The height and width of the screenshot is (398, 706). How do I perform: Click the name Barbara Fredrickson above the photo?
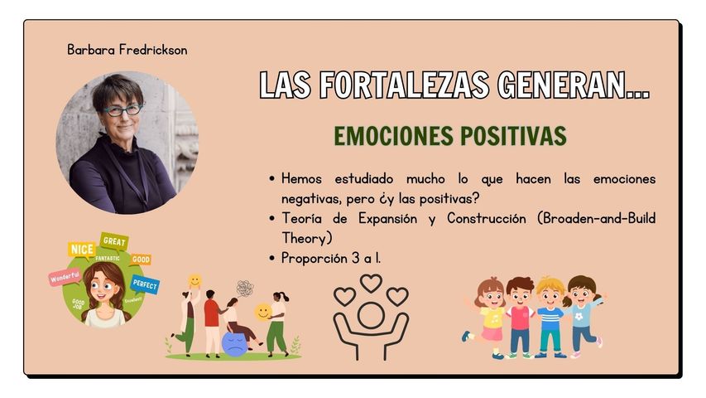[127, 50]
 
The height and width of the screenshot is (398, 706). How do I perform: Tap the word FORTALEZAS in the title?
[404, 85]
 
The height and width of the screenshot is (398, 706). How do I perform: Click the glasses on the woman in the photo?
[122, 110]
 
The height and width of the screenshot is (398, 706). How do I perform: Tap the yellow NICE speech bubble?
[81, 250]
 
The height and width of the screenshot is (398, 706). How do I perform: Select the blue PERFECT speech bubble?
[145, 285]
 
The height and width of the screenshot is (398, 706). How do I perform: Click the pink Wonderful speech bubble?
[65, 277]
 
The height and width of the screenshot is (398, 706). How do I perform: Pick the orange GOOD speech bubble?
[141, 260]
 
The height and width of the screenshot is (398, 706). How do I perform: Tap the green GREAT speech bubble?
[114, 241]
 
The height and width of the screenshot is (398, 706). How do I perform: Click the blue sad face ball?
[234, 345]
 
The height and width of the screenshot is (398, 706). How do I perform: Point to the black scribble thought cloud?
[245, 288]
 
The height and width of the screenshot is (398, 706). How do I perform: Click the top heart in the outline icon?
[371, 284]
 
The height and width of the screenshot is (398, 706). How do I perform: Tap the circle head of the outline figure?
[371, 316]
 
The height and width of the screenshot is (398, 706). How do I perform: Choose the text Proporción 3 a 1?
[331, 258]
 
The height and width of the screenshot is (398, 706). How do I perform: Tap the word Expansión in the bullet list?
[387, 219]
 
